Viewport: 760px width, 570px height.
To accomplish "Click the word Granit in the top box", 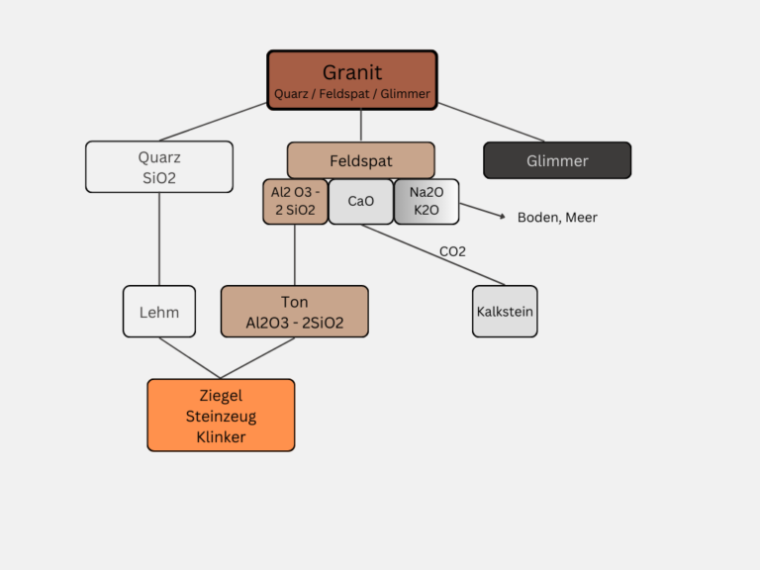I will [x=351, y=72].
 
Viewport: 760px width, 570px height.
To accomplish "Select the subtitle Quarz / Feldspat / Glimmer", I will [x=351, y=94].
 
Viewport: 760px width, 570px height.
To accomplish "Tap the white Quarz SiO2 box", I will [x=159, y=166].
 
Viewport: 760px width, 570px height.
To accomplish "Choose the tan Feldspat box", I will [x=360, y=160].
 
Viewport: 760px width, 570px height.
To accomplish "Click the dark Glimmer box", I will [x=557, y=160].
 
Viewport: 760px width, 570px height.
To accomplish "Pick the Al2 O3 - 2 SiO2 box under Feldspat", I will [x=295, y=202].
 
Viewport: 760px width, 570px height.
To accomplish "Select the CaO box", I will [x=361, y=202].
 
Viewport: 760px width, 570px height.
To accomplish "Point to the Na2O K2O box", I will [x=427, y=202].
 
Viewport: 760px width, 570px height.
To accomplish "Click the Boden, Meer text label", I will [x=557, y=218].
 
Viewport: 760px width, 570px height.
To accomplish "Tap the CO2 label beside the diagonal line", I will [x=452, y=251].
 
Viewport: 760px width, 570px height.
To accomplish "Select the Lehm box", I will [x=159, y=312].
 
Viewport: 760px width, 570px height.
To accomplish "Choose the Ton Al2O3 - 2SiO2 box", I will [x=295, y=312].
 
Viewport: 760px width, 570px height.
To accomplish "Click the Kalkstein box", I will [x=505, y=312].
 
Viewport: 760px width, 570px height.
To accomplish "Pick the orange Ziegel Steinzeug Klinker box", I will [x=221, y=416].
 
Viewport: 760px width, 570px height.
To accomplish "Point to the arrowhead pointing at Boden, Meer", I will [x=503, y=216].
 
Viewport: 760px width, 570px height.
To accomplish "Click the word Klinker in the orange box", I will [x=221, y=436].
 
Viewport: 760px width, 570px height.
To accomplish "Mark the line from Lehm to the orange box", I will [x=188, y=357].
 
